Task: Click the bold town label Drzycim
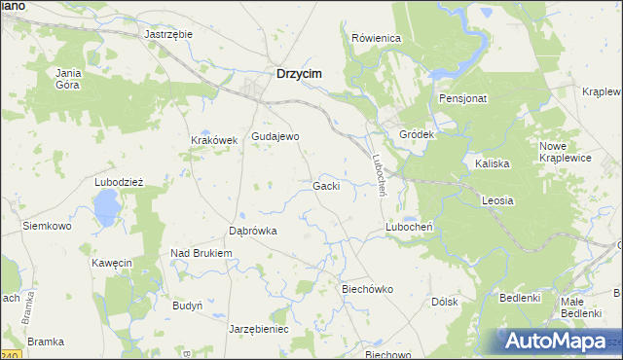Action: point(299,73)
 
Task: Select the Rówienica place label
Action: point(377,38)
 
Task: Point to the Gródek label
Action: point(416,134)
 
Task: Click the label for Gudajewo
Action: point(275,136)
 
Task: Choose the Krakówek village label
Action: point(214,140)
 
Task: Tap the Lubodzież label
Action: point(119,182)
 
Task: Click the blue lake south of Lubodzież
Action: point(106,205)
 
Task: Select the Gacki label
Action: point(326,185)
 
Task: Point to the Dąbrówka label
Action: point(253,232)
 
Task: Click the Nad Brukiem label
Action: point(202,253)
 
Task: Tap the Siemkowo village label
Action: point(48,226)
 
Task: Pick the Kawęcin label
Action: point(111,263)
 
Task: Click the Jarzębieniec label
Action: point(259,329)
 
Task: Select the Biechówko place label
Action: point(366,289)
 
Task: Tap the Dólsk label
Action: point(444,302)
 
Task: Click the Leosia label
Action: point(496,199)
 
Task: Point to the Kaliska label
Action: point(493,163)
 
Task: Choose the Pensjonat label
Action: point(462,98)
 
